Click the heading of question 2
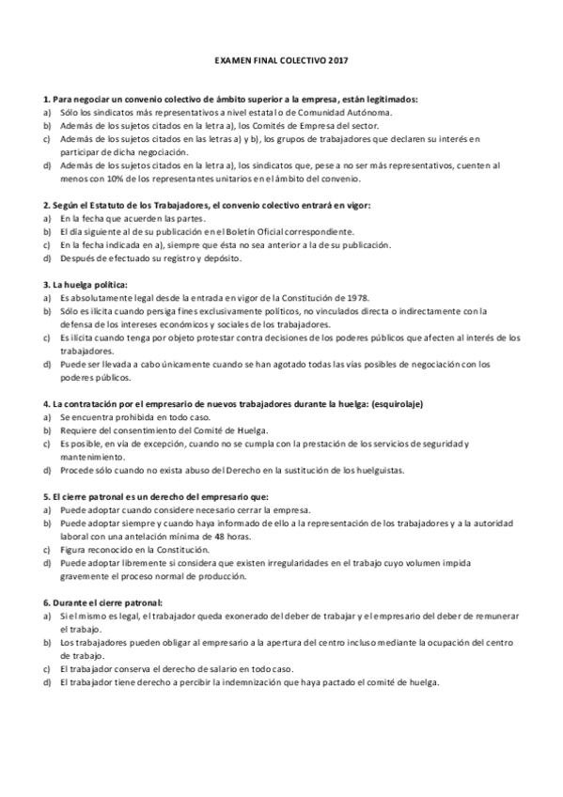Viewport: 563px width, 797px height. [x=207, y=204]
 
